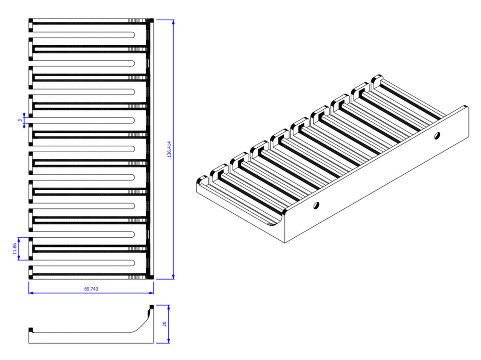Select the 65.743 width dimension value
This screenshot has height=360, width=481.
(x=91, y=289)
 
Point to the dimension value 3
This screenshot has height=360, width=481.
(x=20, y=120)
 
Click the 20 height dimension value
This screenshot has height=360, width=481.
(x=165, y=324)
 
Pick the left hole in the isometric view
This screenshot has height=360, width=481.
(x=316, y=206)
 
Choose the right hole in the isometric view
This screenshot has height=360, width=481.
(x=437, y=136)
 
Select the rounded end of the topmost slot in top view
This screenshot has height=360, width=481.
(x=132, y=34)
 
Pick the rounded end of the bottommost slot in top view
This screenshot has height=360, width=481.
(x=132, y=263)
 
